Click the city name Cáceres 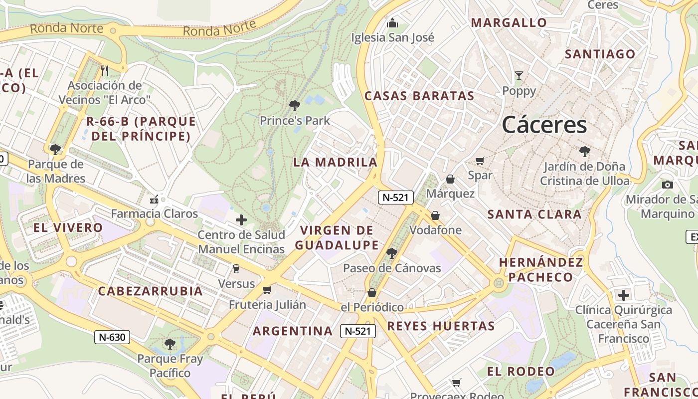544,124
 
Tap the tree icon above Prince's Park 295,105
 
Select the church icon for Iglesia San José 392,23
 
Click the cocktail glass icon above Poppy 519,76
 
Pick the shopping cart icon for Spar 480,161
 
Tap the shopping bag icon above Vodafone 435,215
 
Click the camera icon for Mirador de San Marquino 667,185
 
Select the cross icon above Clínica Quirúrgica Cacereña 623,295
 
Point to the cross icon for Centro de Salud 241,219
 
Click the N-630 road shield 112,337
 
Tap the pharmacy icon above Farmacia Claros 154,199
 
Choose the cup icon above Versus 236,269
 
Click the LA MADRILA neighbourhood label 335,162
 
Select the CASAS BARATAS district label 419,96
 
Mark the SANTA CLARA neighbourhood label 534,214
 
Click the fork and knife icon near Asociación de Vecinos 105,70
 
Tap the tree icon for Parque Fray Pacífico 170,344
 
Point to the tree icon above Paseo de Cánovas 392,253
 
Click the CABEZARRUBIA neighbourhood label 150,291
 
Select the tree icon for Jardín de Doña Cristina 584,152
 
